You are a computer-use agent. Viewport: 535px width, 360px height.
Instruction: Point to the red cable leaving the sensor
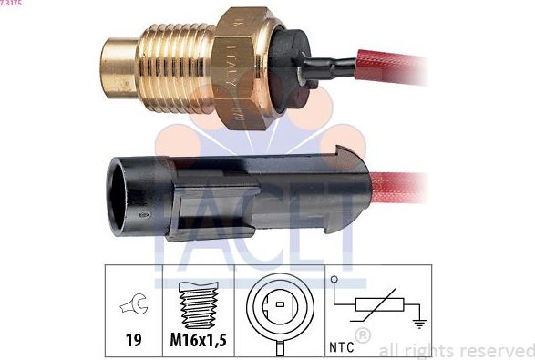click(x=401, y=67)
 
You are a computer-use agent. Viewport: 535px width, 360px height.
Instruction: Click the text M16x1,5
click(x=199, y=341)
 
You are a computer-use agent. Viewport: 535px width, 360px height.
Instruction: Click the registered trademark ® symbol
click(x=362, y=336)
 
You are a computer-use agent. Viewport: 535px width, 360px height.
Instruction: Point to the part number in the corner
click(x=11, y=4)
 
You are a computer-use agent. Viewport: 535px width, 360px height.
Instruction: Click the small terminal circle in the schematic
click(x=334, y=279)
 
